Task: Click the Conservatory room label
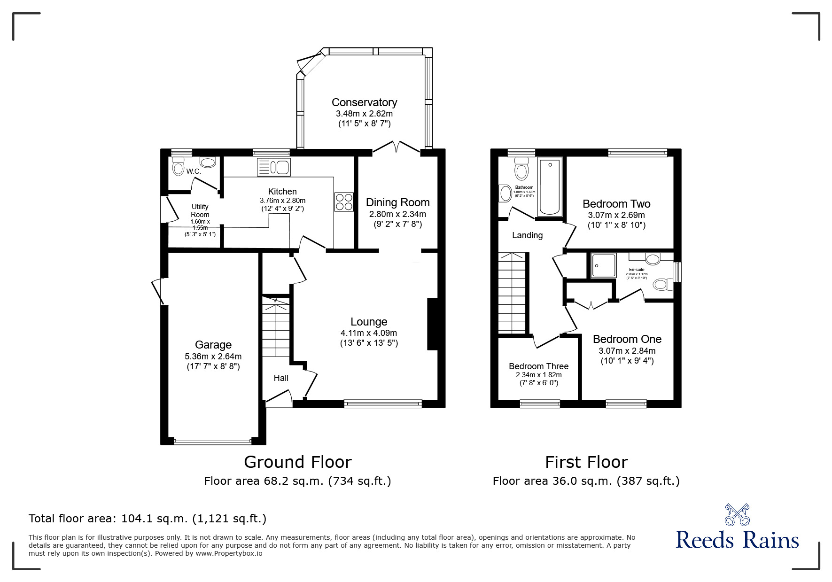click(x=364, y=102)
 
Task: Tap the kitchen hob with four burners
click(x=344, y=202)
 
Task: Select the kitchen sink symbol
click(x=274, y=167)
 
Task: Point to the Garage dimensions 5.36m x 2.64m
click(x=213, y=357)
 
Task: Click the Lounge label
click(x=369, y=322)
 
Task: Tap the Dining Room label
click(x=397, y=202)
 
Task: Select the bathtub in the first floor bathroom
click(x=550, y=187)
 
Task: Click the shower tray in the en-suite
click(x=603, y=265)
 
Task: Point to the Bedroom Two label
click(x=616, y=204)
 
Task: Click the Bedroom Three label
click(x=538, y=366)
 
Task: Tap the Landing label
click(x=527, y=235)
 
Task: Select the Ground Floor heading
click(x=297, y=462)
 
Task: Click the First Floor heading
click(x=586, y=462)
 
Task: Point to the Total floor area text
click(x=148, y=519)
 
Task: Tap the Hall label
click(x=281, y=378)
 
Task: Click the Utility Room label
click(x=200, y=210)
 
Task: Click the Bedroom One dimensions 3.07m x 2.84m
click(x=627, y=351)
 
